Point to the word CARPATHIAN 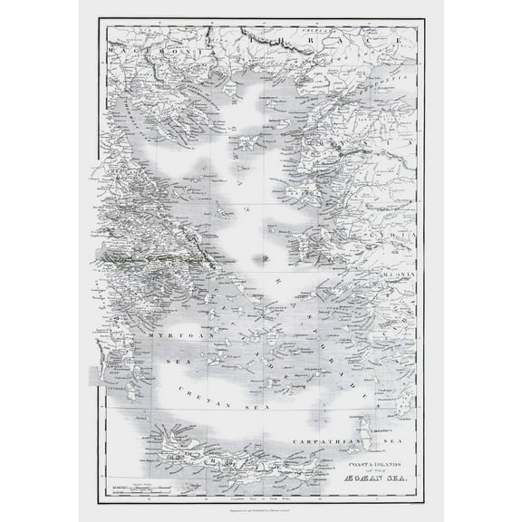pos(323,442)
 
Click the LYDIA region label pos(399,235)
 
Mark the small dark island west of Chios pos(264,257)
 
